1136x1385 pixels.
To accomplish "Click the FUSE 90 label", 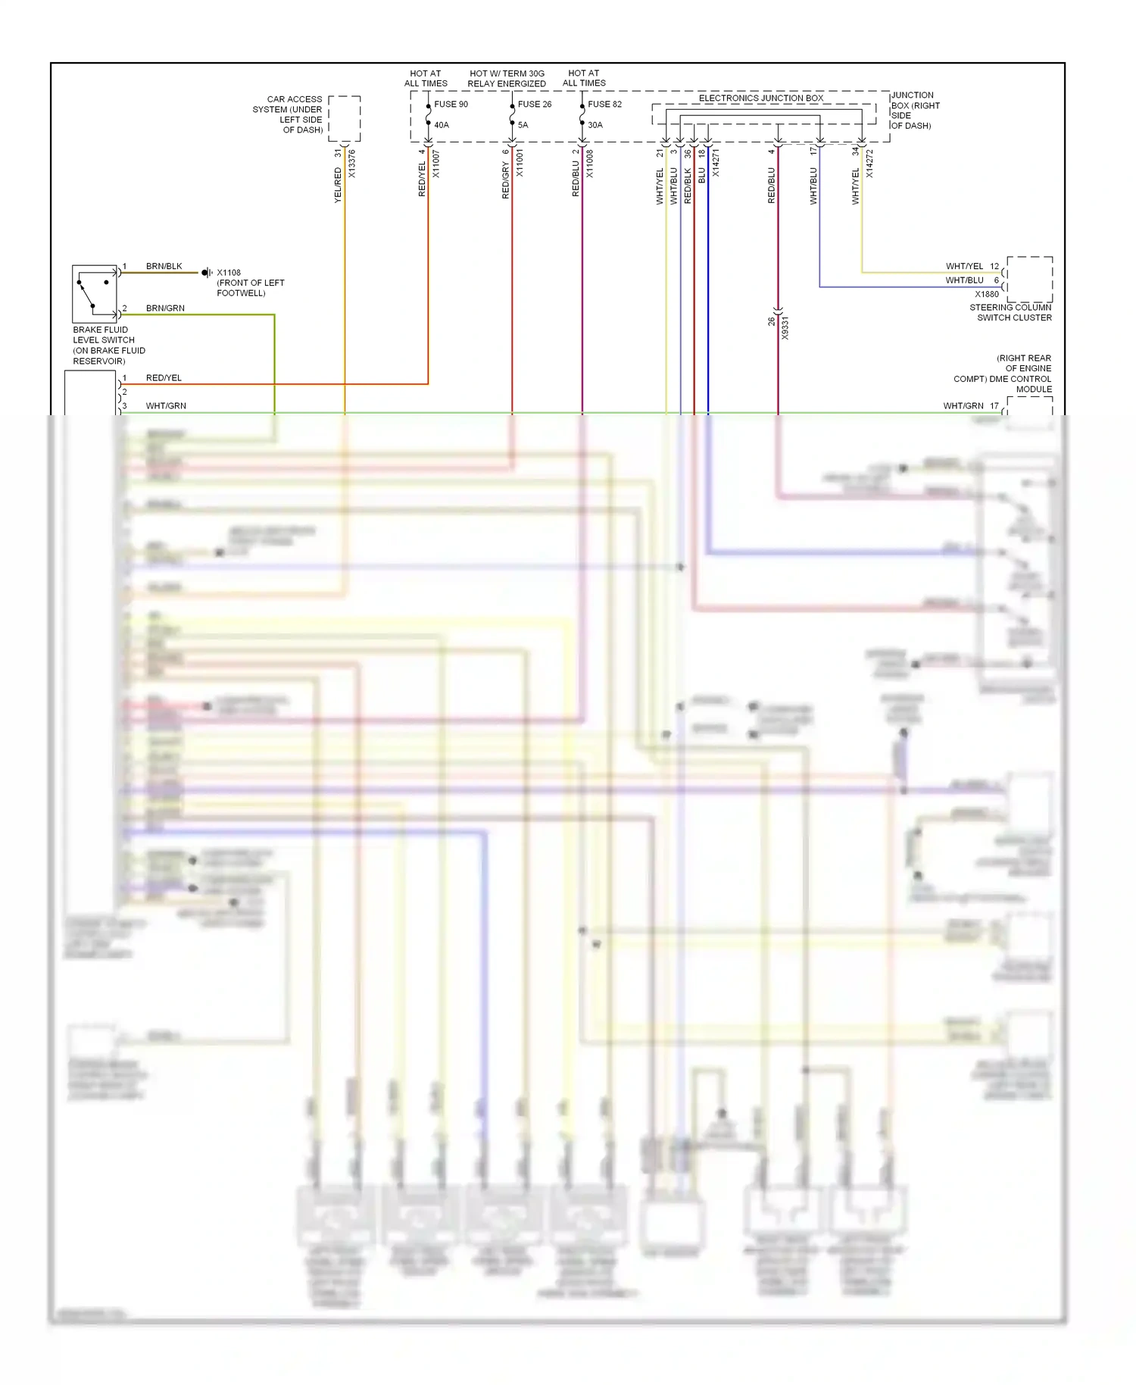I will (451, 105).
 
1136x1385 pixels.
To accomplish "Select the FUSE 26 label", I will (535, 105).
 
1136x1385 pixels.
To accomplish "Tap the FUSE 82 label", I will (604, 105).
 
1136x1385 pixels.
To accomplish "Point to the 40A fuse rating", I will (442, 125).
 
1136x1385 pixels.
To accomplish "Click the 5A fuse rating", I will (523, 125).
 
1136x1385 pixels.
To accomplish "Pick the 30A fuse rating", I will (595, 125).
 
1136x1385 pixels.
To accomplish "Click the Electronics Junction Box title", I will (760, 98).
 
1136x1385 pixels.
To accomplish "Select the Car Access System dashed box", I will (345, 119).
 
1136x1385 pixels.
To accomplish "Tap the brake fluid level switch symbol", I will (95, 294).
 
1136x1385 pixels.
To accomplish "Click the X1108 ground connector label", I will (229, 273).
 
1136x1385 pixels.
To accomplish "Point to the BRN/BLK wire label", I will (164, 267).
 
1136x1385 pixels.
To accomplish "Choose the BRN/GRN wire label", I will (165, 308).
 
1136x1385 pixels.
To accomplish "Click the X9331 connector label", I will (785, 328).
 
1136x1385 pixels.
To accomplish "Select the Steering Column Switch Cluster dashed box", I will (1029, 280).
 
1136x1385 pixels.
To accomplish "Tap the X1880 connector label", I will (987, 295).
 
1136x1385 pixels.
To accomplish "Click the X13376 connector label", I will (352, 164).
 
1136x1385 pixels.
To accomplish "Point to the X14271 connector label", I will (716, 164).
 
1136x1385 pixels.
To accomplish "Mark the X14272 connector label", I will (869, 164).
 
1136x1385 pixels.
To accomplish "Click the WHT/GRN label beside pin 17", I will (963, 406).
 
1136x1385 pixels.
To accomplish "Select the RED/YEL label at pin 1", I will (164, 378).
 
